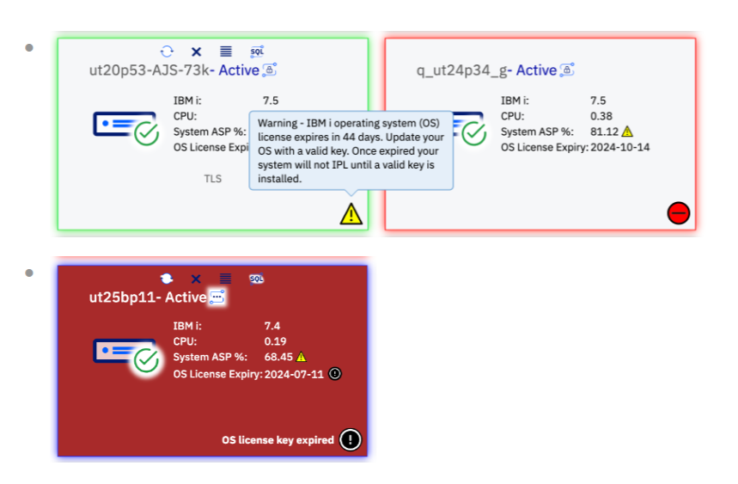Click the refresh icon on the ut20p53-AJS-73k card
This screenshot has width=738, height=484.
[167, 52]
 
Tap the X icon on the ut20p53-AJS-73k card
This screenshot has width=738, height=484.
[196, 52]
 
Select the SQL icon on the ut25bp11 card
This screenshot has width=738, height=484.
[257, 279]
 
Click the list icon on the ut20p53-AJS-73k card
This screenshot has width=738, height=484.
[226, 52]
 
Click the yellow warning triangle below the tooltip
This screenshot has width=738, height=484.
[351, 214]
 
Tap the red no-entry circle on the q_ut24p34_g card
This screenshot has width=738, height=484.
[678, 213]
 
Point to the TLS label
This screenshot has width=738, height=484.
[213, 179]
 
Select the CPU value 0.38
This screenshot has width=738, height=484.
[601, 116]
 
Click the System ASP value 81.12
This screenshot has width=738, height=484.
[604, 132]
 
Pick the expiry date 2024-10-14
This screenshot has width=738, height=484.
[619, 147]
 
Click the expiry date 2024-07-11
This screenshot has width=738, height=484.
[294, 374]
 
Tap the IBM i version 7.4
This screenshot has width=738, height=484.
[272, 326]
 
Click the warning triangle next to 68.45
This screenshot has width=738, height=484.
[302, 357]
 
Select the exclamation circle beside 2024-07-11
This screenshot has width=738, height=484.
[335, 374]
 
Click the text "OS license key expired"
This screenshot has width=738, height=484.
[278, 440]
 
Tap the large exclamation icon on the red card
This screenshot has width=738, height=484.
[351, 440]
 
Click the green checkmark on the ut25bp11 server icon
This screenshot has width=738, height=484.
[146, 361]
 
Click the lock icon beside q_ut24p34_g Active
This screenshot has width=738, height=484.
[567, 70]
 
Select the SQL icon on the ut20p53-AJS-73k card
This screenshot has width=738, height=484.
[257, 52]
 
